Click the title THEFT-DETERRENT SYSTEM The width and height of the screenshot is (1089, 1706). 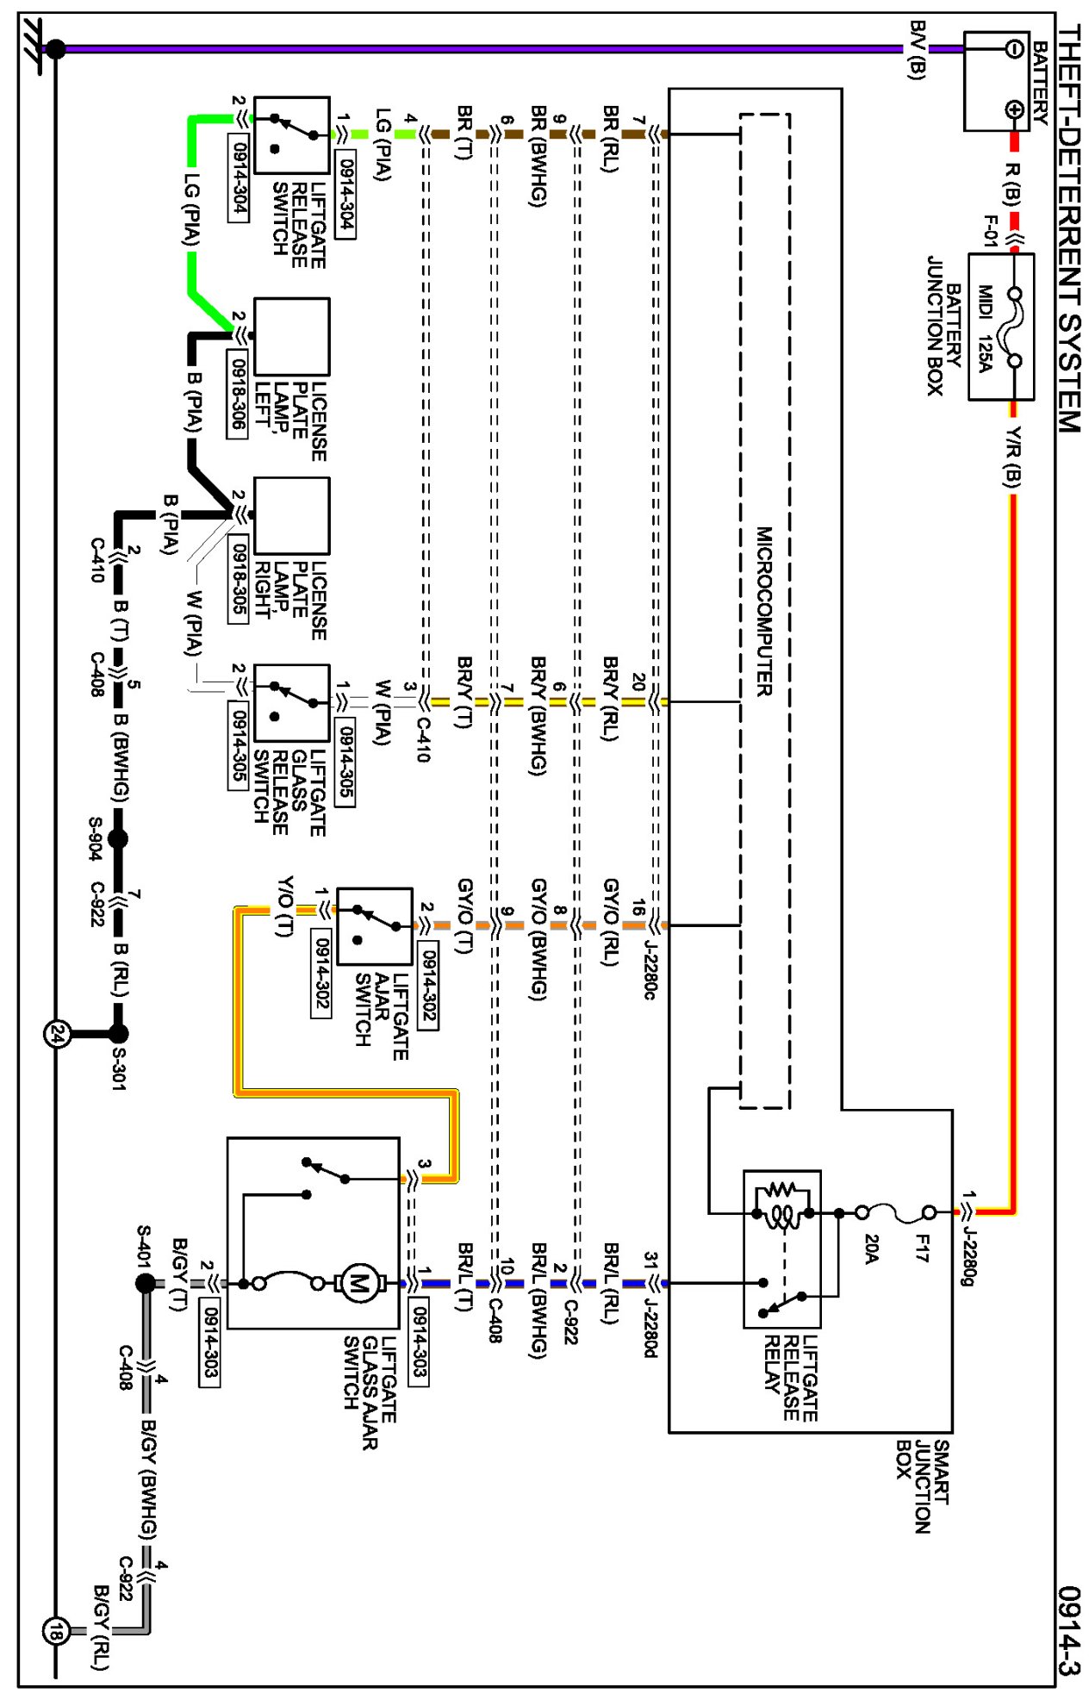(x=1068, y=228)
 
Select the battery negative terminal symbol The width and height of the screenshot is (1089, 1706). (x=1014, y=48)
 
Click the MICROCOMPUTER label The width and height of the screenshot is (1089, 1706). (x=764, y=611)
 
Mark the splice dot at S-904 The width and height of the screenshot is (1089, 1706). (x=118, y=838)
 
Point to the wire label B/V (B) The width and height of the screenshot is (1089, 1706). (x=917, y=62)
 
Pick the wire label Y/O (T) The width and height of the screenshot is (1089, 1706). (x=284, y=906)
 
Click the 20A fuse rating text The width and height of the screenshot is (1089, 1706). (x=871, y=1248)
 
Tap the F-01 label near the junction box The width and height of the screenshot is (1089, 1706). (x=991, y=231)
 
